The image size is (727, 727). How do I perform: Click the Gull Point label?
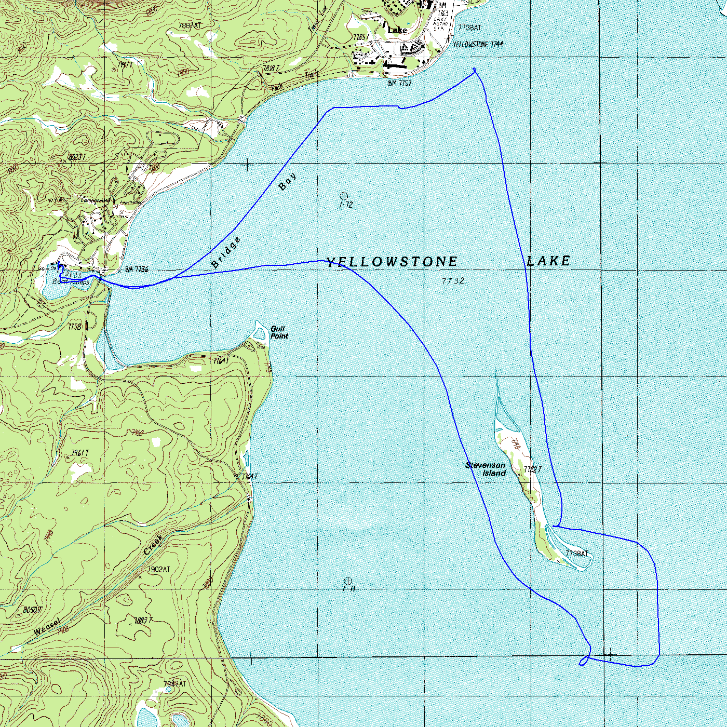tap(279, 332)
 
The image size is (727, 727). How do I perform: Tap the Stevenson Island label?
tap(486, 469)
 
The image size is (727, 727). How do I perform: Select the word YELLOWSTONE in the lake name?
tap(392, 262)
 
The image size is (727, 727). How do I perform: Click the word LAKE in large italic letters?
tap(548, 261)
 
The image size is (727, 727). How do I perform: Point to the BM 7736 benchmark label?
tap(137, 270)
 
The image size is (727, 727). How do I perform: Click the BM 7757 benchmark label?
tap(399, 83)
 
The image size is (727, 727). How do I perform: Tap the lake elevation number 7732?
tap(453, 281)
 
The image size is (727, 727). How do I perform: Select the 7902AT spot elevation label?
tap(158, 570)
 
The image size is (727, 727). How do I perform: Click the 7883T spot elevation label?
tap(143, 621)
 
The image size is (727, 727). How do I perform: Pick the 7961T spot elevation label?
tap(80, 453)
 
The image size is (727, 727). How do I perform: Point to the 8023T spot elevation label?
tap(77, 157)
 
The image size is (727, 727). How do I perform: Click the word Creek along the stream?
tap(154, 545)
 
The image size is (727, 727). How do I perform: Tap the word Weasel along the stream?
tap(47, 627)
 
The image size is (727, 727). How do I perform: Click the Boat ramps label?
tap(71, 281)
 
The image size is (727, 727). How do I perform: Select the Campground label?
tap(96, 200)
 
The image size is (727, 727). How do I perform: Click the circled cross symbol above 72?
tap(343, 196)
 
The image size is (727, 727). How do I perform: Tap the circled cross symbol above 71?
tap(348, 581)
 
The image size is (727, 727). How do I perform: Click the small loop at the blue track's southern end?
tap(584, 661)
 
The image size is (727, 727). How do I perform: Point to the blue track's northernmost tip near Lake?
tap(474, 70)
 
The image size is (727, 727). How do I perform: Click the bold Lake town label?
tap(397, 30)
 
